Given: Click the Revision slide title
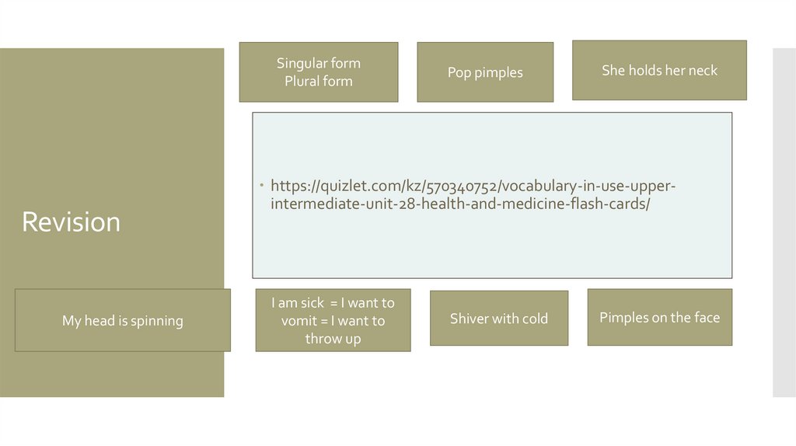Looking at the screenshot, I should (x=71, y=222).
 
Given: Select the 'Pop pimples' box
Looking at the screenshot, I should (x=485, y=72).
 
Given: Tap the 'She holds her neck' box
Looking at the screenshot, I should (x=659, y=70).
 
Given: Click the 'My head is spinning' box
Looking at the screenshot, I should (x=123, y=320).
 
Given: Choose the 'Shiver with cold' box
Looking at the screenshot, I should (x=499, y=318).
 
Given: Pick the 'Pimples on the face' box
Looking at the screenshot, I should (x=659, y=317).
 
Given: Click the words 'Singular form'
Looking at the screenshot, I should (x=319, y=63).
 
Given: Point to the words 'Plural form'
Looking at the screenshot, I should (x=319, y=81).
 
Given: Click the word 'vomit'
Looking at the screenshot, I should (x=298, y=321).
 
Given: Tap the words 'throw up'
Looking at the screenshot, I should (x=333, y=339).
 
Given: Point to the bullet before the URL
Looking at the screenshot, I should (x=263, y=186).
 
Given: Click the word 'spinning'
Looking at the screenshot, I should (x=158, y=320).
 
